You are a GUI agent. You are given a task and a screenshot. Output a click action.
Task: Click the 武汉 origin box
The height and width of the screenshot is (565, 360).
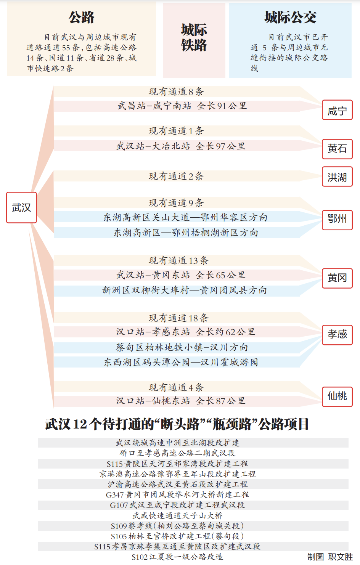click(21, 207)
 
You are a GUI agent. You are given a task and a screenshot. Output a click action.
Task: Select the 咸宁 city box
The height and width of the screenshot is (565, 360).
click(337, 110)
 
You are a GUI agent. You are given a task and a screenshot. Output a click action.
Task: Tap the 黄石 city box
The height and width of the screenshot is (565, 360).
click(337, 149)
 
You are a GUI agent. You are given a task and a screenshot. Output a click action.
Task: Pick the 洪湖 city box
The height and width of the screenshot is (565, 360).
click(337, 177)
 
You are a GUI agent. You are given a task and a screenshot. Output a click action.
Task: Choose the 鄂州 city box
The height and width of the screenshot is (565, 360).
click(337, 220)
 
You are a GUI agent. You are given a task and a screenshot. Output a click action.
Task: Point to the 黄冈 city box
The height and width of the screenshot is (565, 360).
click(337, 278)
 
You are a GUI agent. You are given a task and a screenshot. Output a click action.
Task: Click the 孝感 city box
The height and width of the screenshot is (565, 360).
click(337, 335)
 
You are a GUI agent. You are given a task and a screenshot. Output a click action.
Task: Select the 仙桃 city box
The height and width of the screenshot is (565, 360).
click(337, 397)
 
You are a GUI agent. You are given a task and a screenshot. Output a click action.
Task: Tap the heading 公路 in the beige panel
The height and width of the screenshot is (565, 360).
click(82, 18)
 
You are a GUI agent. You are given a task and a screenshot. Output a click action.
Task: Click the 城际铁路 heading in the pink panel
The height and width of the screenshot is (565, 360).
click(194, 38)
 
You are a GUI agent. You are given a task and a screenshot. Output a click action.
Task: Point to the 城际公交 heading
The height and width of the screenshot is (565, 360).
click(290, 18)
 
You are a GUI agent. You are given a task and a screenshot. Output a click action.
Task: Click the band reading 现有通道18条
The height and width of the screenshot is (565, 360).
click(178, 318)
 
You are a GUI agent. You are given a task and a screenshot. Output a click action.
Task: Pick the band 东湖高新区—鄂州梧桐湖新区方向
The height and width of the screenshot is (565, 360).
click(186, 233)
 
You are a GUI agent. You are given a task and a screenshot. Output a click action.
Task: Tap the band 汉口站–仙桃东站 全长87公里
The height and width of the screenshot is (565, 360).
click(181, 401)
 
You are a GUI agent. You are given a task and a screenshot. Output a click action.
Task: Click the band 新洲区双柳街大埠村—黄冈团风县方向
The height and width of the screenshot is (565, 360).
click(185, 291)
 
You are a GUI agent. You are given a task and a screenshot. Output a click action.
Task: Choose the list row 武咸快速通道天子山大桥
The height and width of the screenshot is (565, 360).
click(178, 515)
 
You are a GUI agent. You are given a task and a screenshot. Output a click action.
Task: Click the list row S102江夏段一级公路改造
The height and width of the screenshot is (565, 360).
click(177, 557)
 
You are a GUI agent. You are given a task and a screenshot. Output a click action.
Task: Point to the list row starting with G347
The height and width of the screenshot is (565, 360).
click(177, 494)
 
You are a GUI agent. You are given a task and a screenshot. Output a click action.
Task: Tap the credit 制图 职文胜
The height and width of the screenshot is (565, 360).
click(330, 557)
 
